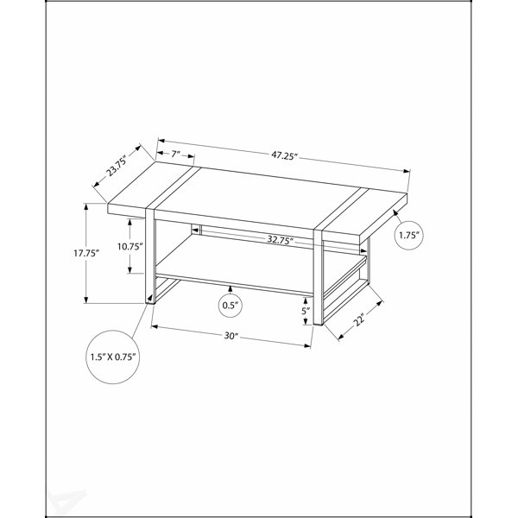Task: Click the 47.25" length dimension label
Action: click(x=285, y=155)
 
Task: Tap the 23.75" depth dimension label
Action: click(x=117, y=166)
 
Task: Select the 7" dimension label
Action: click(x=175, y=154)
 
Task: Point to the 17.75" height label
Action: click(x=86, y=253)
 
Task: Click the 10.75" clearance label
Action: click(x=129, y=246)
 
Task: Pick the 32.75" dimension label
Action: click(x=280, y=240)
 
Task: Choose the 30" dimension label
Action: click(x=231, y=336)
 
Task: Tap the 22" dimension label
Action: click(x=359, y=319)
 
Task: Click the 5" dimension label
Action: click(x=306, y=311)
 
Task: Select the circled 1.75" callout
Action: click(x=409, y=235)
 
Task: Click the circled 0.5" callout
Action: click(x=231, y=305)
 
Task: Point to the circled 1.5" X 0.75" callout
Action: click(x=113, y=357)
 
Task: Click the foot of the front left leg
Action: click(x=150, y=299)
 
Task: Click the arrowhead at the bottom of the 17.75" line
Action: click(x=86, y=300)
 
